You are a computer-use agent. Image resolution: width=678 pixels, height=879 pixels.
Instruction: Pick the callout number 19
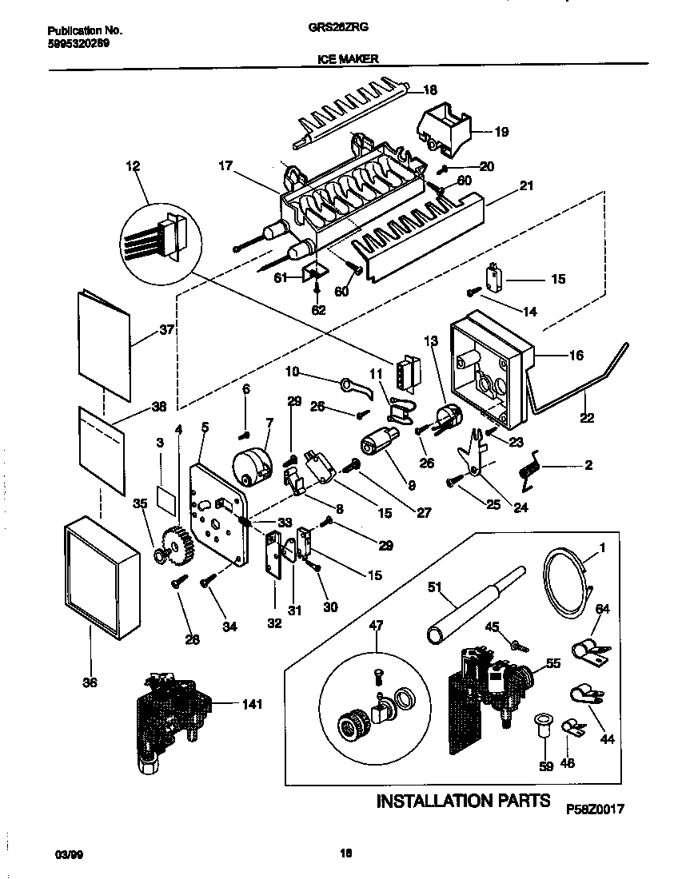[x=501, y=132]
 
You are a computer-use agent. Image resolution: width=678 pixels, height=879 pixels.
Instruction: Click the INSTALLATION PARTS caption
[x=463, y=801]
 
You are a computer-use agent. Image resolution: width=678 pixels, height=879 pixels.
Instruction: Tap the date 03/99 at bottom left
[x=68, y=854]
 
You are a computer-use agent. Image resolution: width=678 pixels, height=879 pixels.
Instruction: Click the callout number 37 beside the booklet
[x=167, y=329]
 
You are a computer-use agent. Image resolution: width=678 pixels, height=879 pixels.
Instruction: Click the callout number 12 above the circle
[x=132, y=166]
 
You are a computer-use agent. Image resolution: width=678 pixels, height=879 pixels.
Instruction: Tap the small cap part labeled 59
[x=543, y=726]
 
